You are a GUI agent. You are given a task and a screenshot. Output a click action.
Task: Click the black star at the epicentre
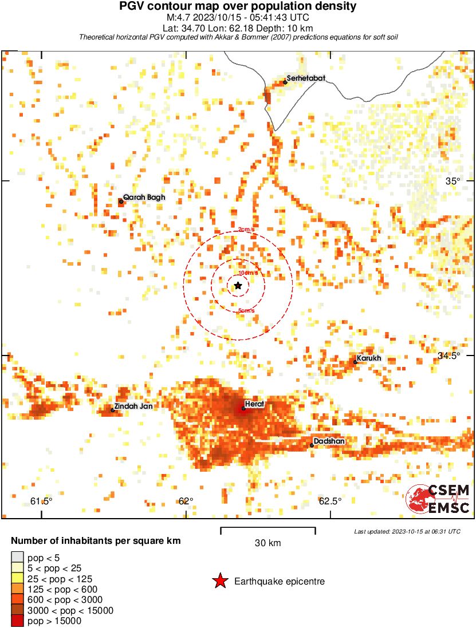coord(238,285)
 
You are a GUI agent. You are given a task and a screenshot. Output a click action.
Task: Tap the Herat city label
coord(254,404)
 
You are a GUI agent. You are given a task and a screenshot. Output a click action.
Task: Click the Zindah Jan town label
coord(133,406)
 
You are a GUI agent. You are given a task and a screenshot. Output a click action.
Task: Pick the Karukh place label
coord(369,358)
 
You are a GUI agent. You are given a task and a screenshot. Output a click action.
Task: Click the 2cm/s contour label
coord(246,230)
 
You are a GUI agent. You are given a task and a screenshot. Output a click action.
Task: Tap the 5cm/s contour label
coord(246,311)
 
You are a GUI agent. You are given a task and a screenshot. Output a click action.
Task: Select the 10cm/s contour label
coord(247,273)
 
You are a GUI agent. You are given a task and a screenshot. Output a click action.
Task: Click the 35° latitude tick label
coord(453,181)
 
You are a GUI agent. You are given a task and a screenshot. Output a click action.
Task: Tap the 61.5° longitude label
coord(41,501)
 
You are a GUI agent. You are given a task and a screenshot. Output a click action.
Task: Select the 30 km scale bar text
coord(267,543)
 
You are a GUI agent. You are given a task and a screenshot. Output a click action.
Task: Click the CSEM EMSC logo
coord(438,499)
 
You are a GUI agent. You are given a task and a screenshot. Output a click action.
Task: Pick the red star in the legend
coord(220,581)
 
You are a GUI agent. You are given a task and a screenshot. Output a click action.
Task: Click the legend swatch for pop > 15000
coord(17,621)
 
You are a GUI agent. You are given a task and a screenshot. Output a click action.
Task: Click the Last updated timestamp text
coord(407,531)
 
